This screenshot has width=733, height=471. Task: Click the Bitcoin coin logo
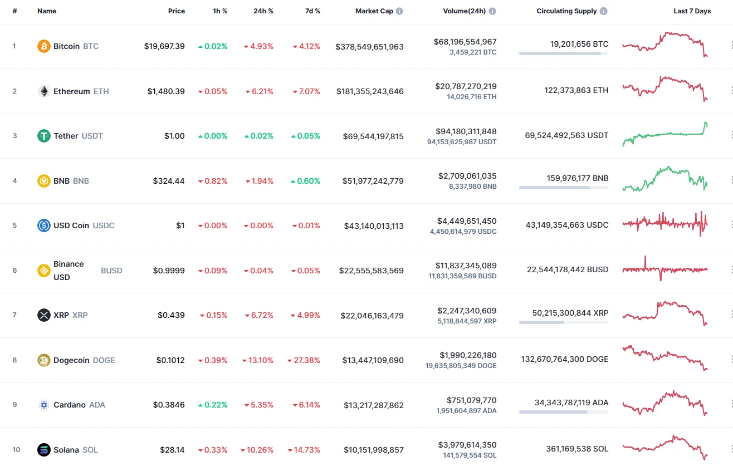[43, 46]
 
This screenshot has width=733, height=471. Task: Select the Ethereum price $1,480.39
[166, 91]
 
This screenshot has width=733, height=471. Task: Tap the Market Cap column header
[374, 11]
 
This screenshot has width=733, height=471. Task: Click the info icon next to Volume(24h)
[492, 11]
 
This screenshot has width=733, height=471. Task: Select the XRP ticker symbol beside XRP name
[80, 315]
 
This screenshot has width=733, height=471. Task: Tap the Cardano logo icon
[43, 405]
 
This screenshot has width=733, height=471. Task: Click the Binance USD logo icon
[43, 271]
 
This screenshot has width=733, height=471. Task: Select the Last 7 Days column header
[692, 11]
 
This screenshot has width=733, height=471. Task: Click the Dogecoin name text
[71, 360]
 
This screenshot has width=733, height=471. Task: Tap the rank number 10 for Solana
[16, 450]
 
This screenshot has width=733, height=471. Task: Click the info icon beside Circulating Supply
[604, 11]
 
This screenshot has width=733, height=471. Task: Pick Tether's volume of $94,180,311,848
[466, 131]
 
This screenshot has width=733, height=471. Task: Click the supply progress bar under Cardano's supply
[563, 412]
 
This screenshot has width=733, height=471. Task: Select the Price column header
[177, 11]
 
